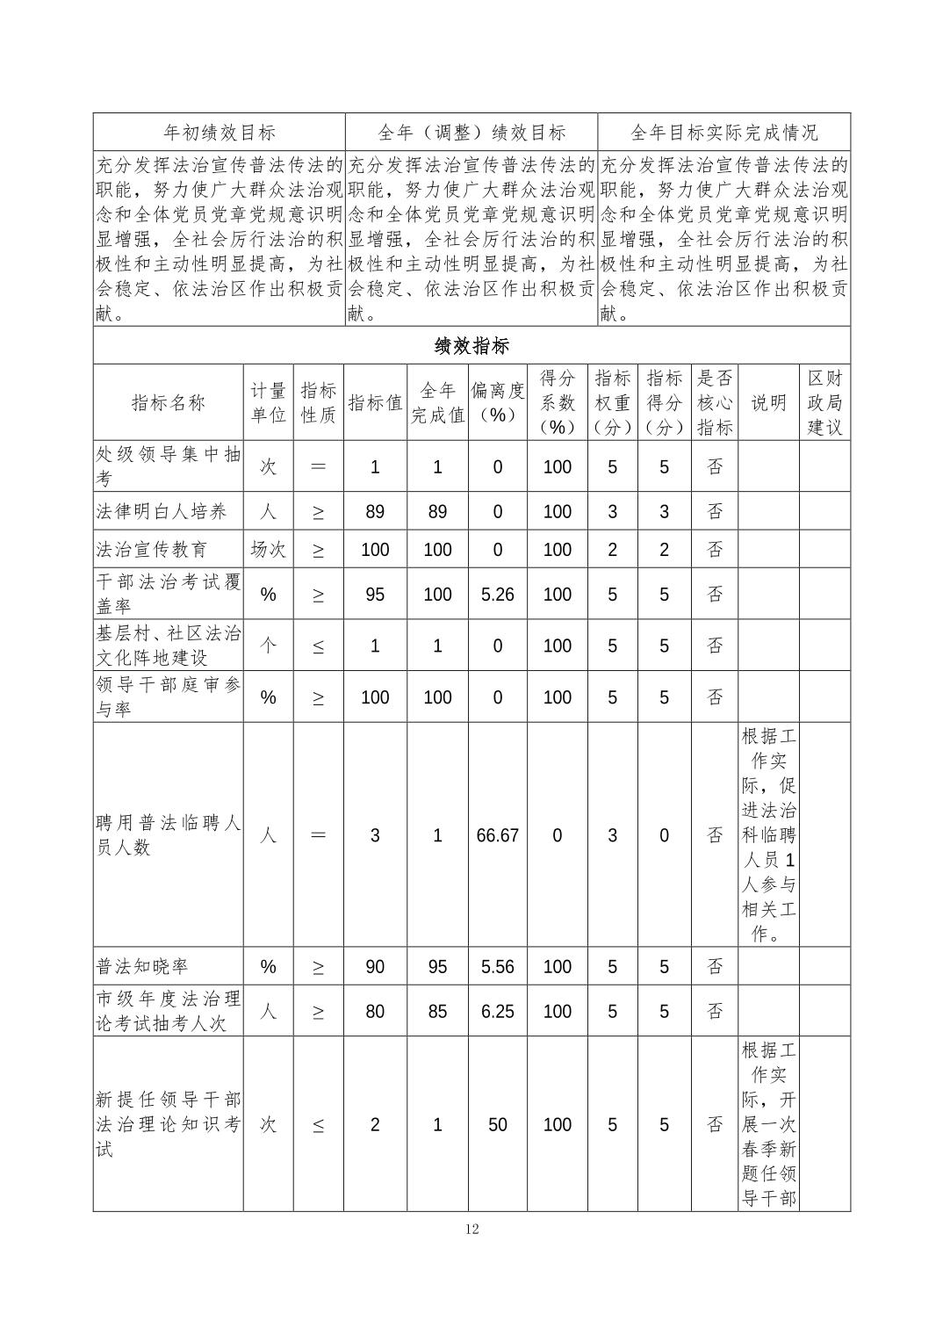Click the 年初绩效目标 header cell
point(220,133)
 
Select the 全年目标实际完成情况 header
point(723,133)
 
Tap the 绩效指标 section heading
point(471,345)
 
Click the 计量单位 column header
point(268,403)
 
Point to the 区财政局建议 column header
point(824,403)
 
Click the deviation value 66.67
point(497,835)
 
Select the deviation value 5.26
point(497,595)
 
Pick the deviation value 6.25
point(497,1011)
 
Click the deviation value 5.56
point(497,967)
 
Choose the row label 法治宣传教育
point(152,550)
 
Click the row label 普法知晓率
point(142,967)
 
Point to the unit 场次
point(268,550)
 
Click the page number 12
point(471,1229)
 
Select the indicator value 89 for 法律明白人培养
point(375,512)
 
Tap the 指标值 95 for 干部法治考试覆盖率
point(375,595)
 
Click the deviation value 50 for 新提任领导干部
point(497,1125)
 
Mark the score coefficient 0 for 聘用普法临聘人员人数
point(557,835)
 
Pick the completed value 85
point(437,1011)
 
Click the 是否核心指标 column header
point(715,403)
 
